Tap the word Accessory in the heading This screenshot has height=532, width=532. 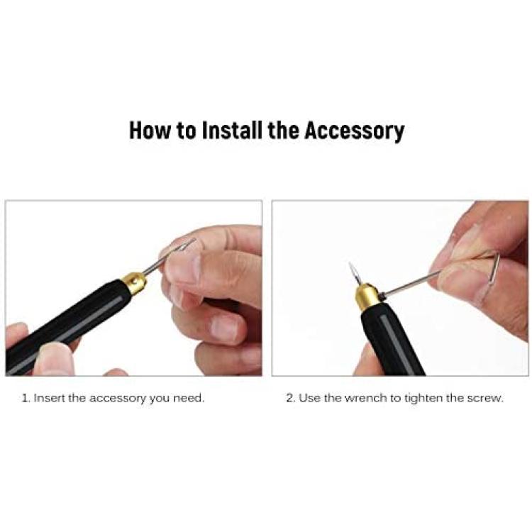(x=354, y=131)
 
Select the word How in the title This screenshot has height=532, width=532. (x=150, y=131)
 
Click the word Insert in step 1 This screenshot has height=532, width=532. (x=50, y=398)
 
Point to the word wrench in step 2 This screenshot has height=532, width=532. (x=365, y=398)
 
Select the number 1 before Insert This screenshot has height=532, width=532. (x=26, y=398)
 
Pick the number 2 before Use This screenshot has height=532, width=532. (x=291, y=398)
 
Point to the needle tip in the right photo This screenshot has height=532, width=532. (x=350, y=263)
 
